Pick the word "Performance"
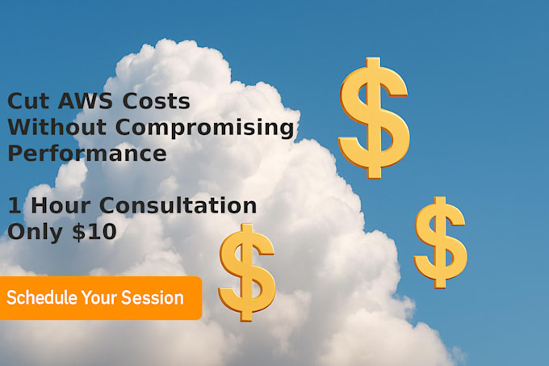coord(86,153)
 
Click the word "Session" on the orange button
coord(153,298)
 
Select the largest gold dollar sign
coord(373,118)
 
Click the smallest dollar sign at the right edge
coord(440,242)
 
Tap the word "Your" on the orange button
coord(98,298)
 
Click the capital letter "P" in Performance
coord(16,153)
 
